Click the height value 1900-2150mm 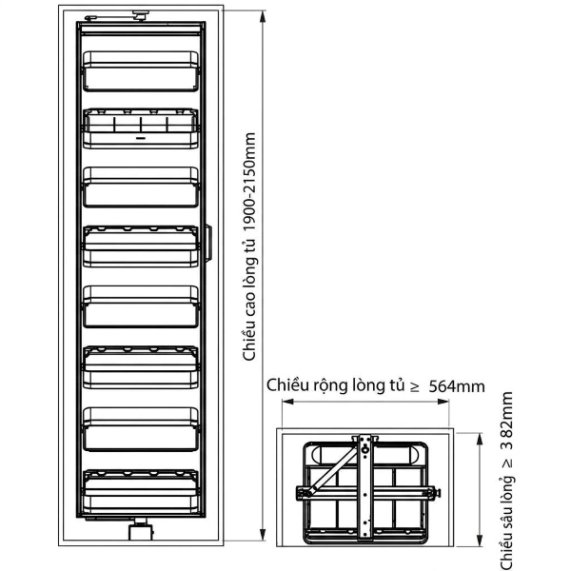click(x=249, y=181)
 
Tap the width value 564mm click(x=457, y=386)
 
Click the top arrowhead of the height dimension click(x=263, y=17)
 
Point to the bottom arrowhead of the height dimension click(x=263, y=535)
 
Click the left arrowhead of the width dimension click(x=287, y=402)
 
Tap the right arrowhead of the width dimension click(x=443, y=402)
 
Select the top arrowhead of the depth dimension click(x=480, y=440)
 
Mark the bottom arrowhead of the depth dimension click(x=480, y=540)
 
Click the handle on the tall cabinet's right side click(x=208, y=243)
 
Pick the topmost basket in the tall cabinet click(x=141, y=71)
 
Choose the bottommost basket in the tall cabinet click(x=141, y=492)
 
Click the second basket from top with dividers click(x=141, y=128)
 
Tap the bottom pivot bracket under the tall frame click(x=141, y=530)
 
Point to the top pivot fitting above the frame click(x=141, y=15)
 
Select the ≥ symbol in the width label click(x=415, y=387)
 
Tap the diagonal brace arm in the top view click(x=331, y=470)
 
